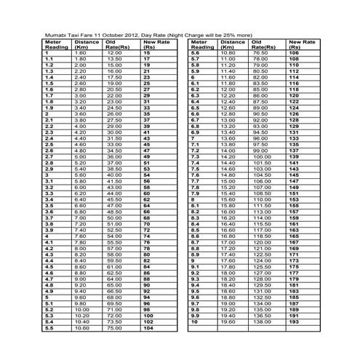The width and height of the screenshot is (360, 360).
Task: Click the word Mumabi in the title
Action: pos(56,34)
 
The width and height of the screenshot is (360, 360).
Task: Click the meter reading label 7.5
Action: pos(194,169)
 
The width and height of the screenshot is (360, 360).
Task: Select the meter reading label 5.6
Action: pos(194,53)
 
